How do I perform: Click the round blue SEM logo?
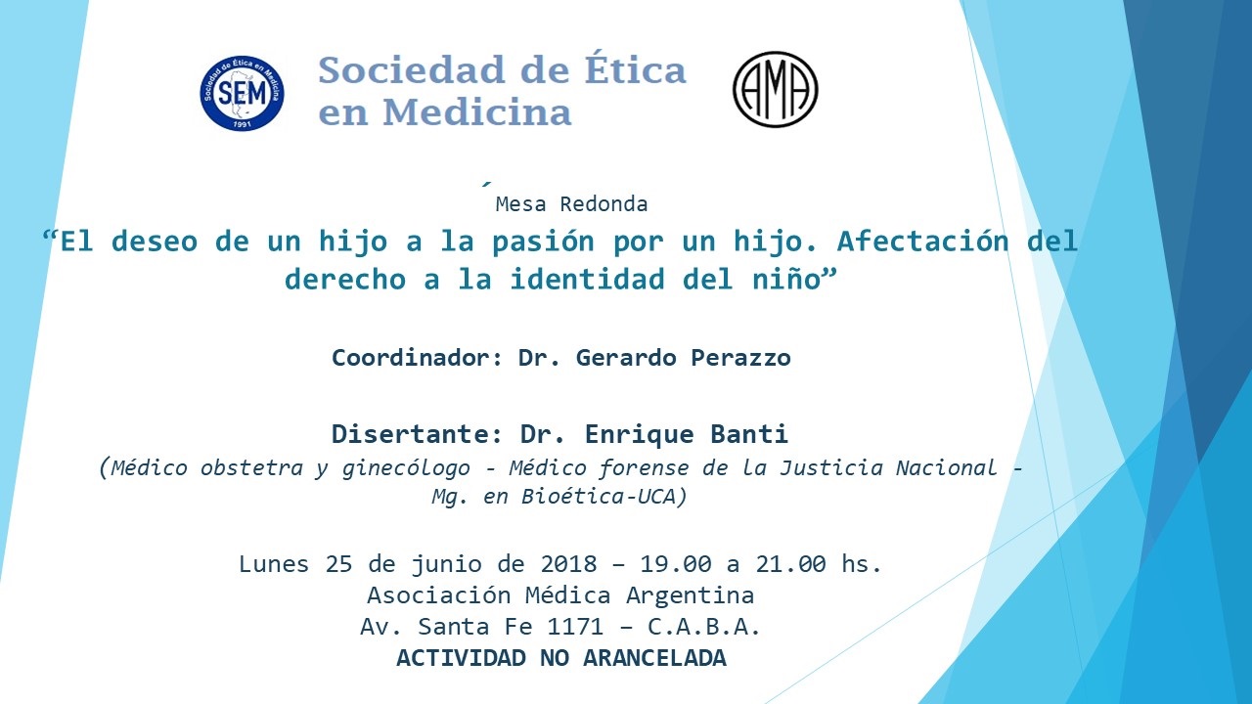[x=242, y=93]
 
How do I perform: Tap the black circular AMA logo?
[x=776, y=89]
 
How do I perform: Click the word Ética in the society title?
[x=636, y=69]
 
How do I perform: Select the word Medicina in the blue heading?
[x=476, y=111]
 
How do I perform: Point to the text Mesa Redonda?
[x=571, y=204]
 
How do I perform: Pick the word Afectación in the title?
[x=922, y=241]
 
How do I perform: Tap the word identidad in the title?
[x=587, y=279]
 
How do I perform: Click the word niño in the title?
[x=785, y=279]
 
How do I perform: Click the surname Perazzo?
[x=740, y=358]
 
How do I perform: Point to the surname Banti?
[x=749, y=434]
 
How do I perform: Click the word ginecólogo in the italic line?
[x=406, y=468]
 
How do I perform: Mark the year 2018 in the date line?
[x=568, y=564]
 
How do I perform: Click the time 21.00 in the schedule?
[x=791, y=564]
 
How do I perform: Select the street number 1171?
[x=575, y=627]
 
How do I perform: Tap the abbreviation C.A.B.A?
[x=704, y=627]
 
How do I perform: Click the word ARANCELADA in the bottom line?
[x=654, y=658]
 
